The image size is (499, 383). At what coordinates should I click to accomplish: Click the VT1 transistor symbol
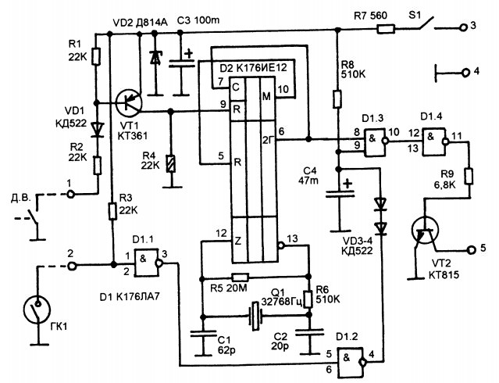[x=129, y=102]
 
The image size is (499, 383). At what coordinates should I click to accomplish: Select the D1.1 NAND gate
[x=146, y=263]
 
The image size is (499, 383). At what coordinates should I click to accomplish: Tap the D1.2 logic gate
[x=351, y=361]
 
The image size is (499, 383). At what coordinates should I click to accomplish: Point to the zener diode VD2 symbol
[x=155, y=59]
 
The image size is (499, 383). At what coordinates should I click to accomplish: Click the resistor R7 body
[x=386, y=30]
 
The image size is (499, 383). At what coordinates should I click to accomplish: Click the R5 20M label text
[x=229, y=288]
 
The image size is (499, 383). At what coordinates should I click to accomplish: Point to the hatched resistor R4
[x=171, y=164]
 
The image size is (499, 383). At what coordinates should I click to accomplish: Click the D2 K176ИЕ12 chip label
[x=253, y=67]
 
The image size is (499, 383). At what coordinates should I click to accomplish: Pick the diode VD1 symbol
[x=97, y=130]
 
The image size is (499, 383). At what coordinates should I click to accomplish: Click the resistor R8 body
[x=337, y=98]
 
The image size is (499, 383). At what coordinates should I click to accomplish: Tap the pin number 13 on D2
[x=292, y=238]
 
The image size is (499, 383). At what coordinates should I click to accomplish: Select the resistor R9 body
[x=469, y=176]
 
